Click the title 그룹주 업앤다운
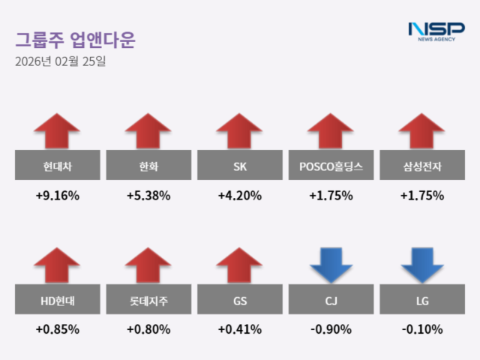click(x=75, y=40)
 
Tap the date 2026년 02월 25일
click(x=60, y=61)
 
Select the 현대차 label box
click(x=57, y=166)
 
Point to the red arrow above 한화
click(x=148, y=131)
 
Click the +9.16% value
click(x=57, y=196)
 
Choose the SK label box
click(x=240, y=166)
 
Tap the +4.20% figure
click(x=240, y=196)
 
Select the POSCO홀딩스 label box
click(x=331, y=166)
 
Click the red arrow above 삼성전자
click(x=422, y=131)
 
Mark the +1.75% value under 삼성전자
click(x=422, y=196)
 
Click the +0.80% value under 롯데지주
click(x=148, y=329)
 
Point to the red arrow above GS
click(x=240, y=265)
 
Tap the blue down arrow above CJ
click(x=331, y=265)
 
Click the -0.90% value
click(x=331, y=329)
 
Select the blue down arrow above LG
click(x=422, y=265)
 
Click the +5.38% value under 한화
click(x=148, y=196)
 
